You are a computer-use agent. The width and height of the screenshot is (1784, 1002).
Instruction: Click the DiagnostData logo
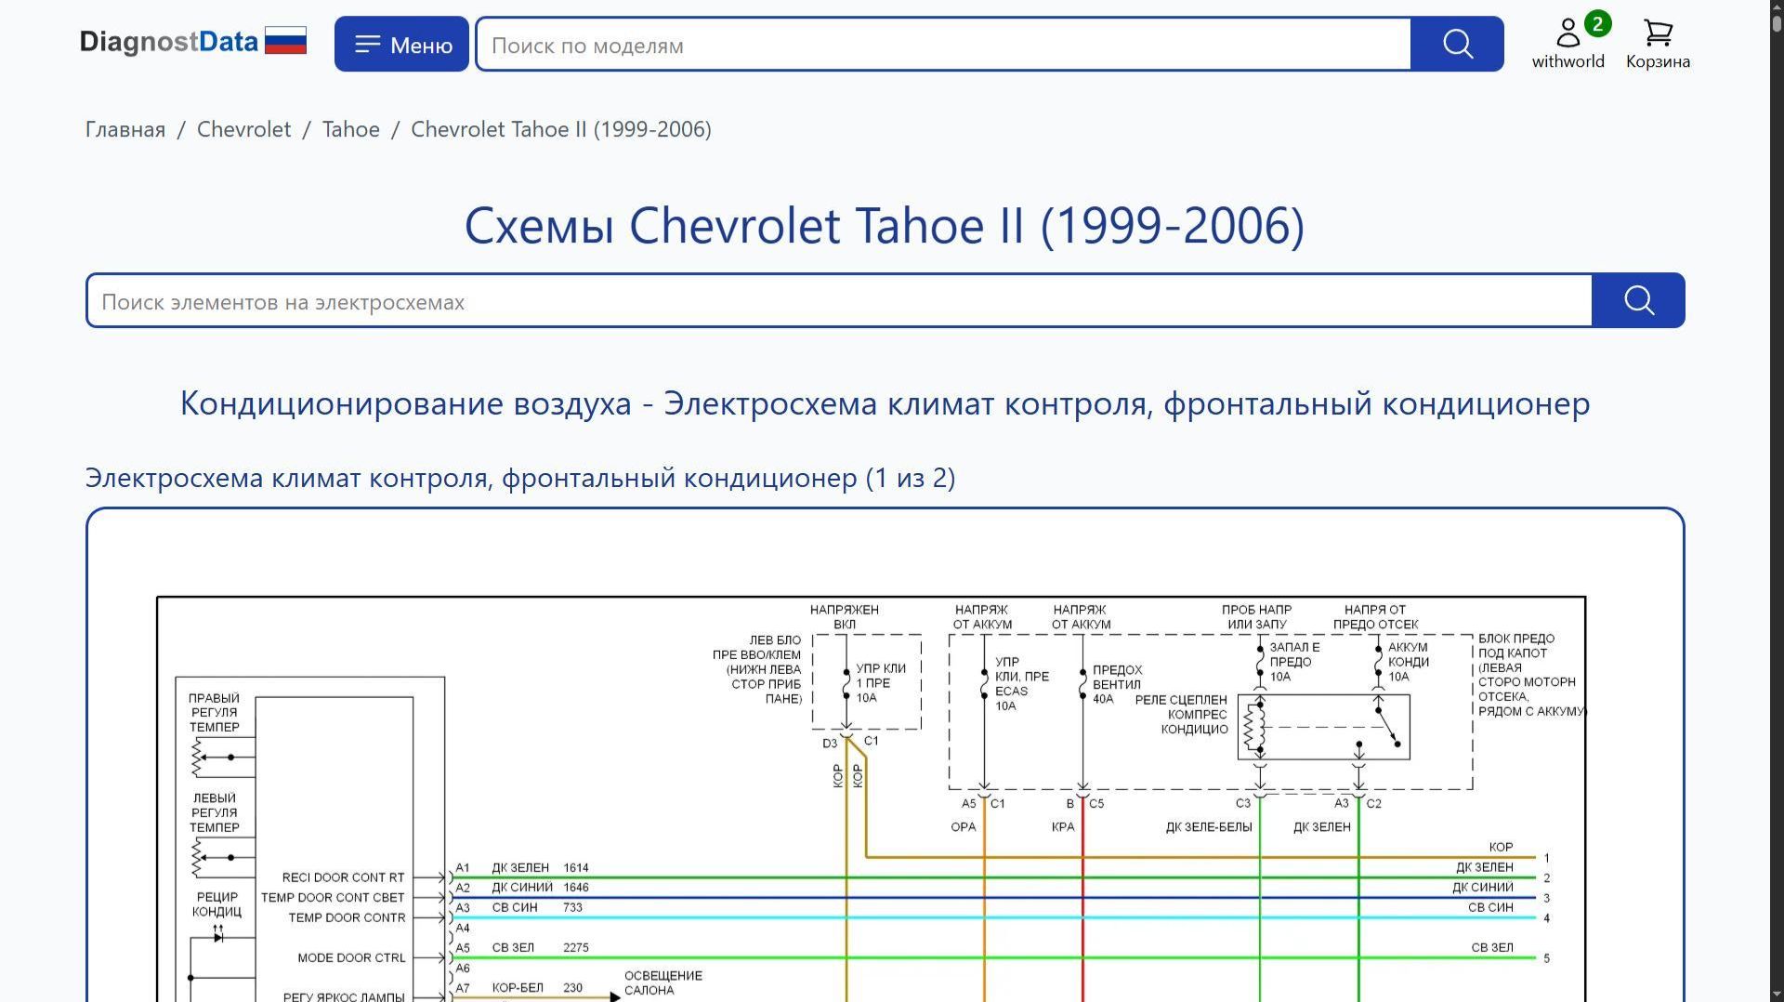(193, 42)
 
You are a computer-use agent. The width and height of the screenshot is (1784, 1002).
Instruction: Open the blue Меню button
(401, 44)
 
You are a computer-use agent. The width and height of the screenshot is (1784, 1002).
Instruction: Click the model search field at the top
(943, 44)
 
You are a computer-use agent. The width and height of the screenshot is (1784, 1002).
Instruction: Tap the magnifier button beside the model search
(1457, 44)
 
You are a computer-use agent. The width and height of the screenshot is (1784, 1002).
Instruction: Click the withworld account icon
(1568, 33)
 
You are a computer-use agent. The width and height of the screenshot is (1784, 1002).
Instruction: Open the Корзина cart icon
(1658, 33)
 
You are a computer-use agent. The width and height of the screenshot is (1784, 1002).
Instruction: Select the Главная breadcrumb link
(125, 129)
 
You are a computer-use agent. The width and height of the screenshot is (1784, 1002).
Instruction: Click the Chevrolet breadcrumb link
(243, 129)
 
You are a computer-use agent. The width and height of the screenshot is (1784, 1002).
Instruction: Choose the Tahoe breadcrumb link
(351, 129)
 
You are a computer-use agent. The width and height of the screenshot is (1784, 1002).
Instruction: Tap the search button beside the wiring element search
(1638, 300)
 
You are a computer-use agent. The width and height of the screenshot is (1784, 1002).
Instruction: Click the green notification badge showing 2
(1597, 23)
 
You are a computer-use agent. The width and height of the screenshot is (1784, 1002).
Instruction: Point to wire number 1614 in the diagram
(575, 867)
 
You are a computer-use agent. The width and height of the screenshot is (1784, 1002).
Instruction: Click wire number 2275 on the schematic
(575, 947)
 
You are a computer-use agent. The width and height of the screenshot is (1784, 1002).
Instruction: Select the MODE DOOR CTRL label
(351, 957)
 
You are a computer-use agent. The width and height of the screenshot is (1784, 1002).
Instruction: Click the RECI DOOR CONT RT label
(343, 877)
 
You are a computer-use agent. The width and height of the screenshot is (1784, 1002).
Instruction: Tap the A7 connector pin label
(463, 988)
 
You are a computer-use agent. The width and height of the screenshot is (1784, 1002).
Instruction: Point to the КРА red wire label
(1063, 826)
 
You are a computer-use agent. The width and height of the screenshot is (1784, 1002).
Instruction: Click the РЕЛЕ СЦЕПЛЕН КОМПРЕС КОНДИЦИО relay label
(1181, 714)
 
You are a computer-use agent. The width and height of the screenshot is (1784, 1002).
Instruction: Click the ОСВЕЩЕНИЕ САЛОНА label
(662, 982)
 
